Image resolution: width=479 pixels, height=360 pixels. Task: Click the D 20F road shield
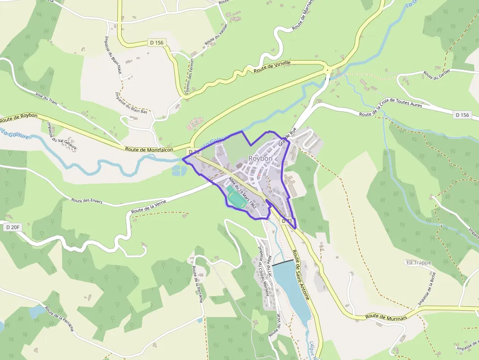tap(13, 228)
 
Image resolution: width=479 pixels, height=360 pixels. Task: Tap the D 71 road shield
tap(287, 221)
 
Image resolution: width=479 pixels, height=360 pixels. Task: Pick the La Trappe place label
tap(419, 263)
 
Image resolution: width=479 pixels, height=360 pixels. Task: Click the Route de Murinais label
tap(387, 317)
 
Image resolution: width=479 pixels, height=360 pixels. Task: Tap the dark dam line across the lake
tap(283, 262)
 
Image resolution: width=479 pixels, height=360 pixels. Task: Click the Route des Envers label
tap(87, 201)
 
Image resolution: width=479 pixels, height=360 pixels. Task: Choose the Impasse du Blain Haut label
tap(113, 56)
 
